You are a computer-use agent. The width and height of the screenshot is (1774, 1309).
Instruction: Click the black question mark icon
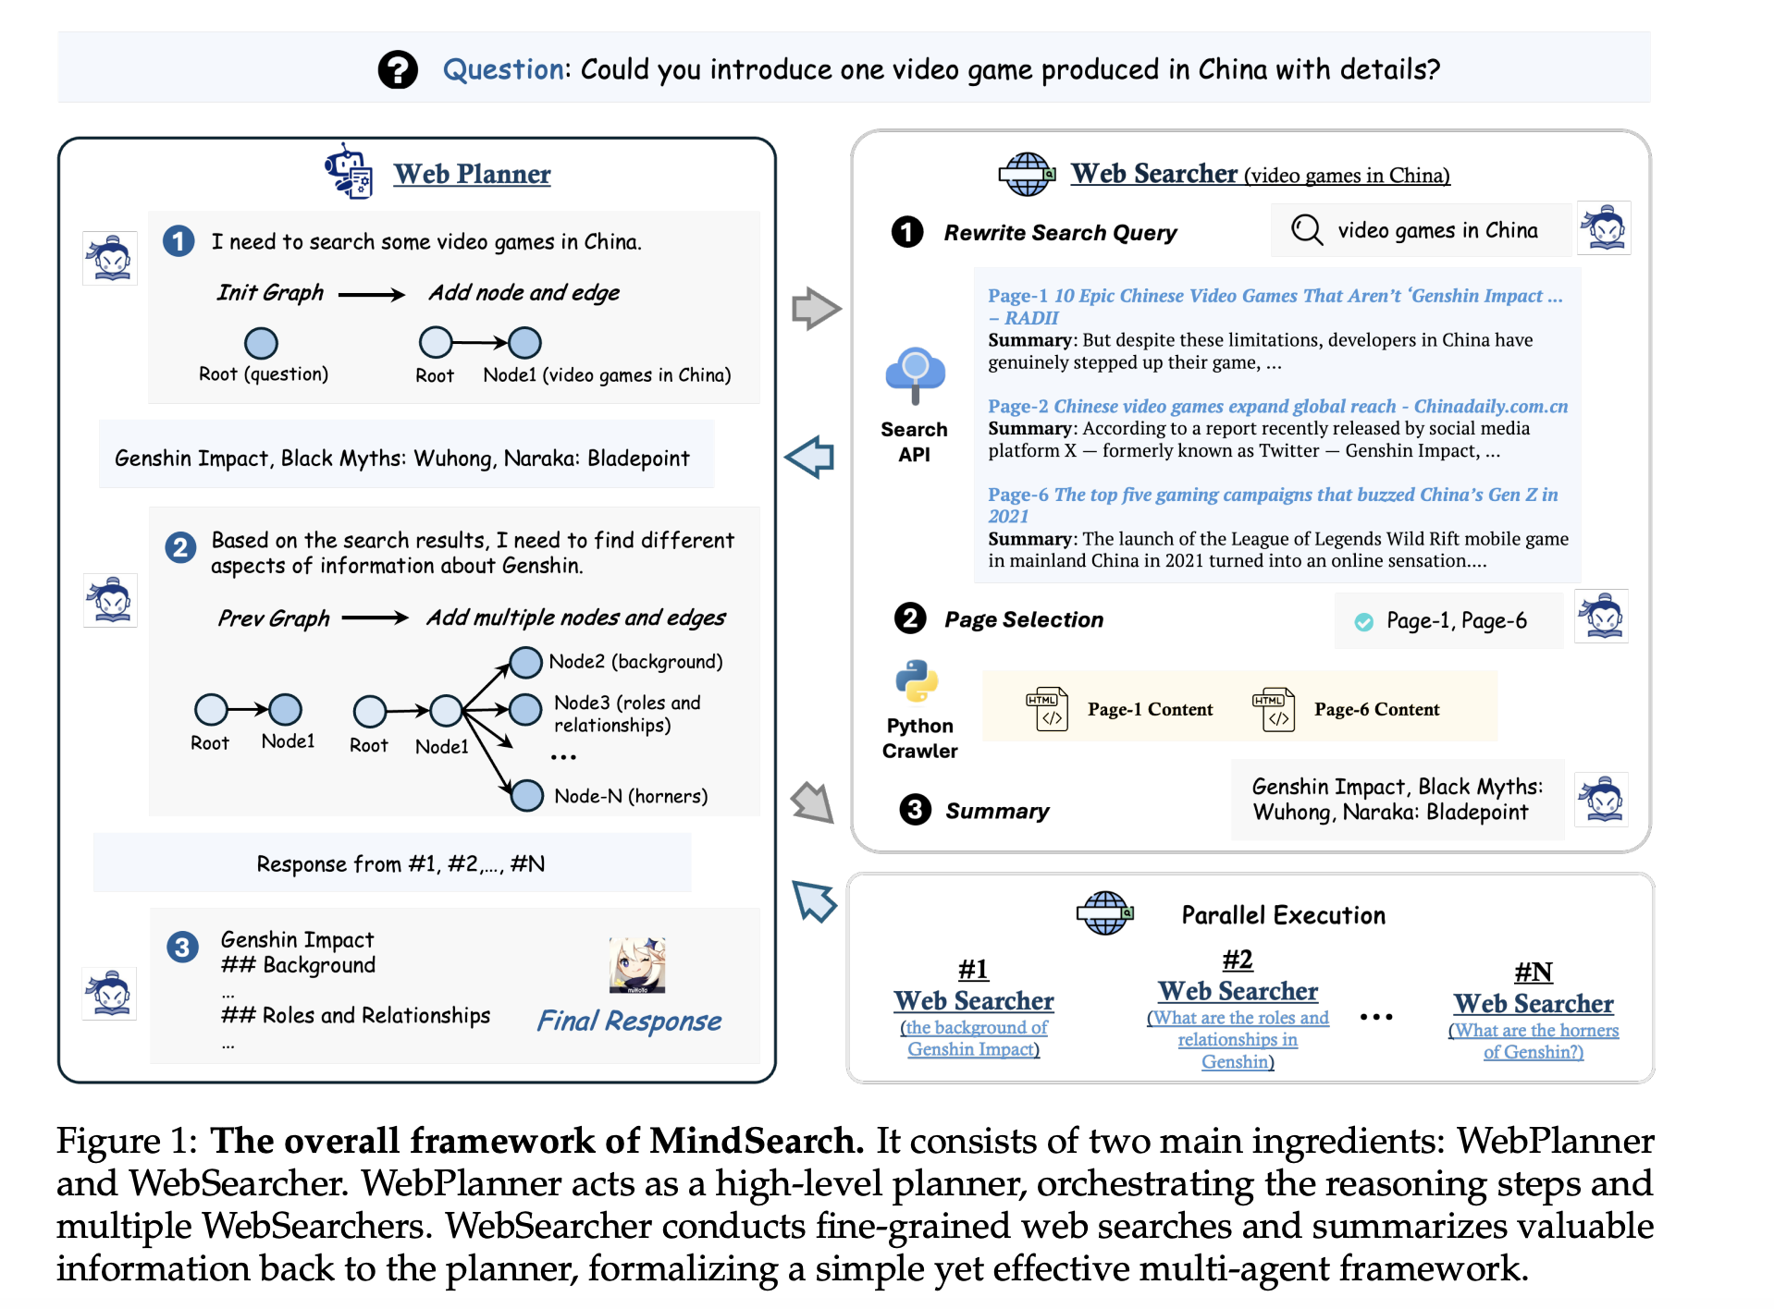[x=398, y=69]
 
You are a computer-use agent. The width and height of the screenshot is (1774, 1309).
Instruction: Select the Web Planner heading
[x=472, y=174]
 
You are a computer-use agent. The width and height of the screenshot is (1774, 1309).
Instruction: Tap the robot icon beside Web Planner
[x=349, y=171]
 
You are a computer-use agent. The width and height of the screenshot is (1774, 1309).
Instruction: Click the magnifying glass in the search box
[x=1306, y=229]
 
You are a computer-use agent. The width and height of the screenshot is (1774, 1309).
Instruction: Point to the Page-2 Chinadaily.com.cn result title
[x=1277, y=406]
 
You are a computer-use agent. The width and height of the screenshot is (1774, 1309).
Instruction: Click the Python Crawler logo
[x=917, y=681]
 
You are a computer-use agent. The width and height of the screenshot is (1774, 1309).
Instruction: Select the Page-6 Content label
[x=1376, y=709]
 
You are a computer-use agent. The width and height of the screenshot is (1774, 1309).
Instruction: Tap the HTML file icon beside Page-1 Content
[x=1047, y=709]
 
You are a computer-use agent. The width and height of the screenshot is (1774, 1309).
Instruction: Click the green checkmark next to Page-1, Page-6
[x=1363, y=622]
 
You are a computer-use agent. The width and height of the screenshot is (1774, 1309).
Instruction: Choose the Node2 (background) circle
[x=525, y=662]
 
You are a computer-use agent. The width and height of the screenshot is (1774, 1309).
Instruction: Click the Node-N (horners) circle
[x=527, y=795]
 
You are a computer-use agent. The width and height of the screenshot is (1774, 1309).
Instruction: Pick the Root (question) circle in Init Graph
[x=261, y=343]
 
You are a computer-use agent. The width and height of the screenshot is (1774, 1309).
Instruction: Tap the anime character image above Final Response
[x=637, y=964]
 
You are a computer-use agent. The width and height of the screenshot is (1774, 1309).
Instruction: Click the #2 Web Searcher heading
[x=1238, y=991]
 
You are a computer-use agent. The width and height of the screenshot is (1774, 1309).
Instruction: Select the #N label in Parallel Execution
[x=1533, y=972]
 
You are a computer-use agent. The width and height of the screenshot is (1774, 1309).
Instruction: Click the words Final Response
[x=629, y=1021]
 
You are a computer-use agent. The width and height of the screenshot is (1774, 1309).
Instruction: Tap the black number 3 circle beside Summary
[x=915, y=810]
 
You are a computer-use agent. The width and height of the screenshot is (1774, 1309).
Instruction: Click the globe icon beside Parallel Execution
[x=1104, y=913]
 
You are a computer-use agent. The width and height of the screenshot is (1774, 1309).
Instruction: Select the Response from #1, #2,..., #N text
[x=400, y=863]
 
